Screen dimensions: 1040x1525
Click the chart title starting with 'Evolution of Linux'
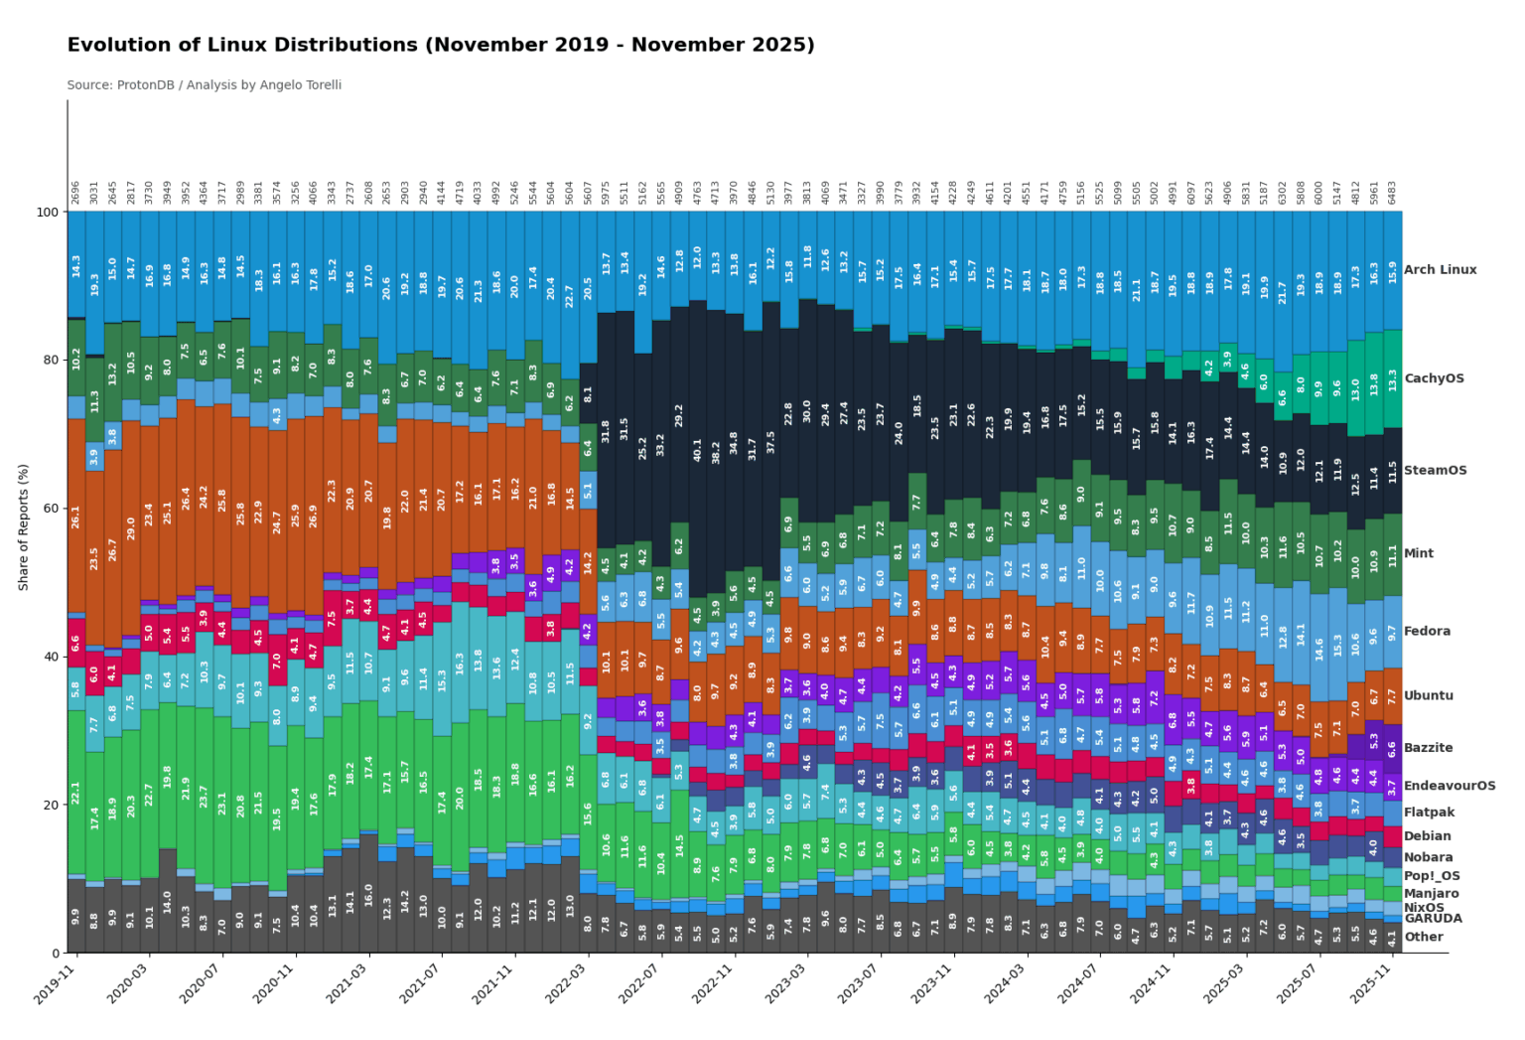point(440,46)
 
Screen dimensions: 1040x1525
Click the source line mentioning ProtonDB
point(204,85)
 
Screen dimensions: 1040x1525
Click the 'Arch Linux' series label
point(1440,270)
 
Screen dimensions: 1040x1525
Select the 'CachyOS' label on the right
point(1434,378)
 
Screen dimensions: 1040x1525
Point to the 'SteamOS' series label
point(1435,471)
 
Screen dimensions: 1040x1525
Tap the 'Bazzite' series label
point(1428,748)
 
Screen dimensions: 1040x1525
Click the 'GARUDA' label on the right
point(1433,919)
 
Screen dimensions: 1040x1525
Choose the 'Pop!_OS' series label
point(1432,876)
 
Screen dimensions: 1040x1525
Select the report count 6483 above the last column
point(1393,193)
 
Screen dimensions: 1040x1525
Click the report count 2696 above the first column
point(76,193)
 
